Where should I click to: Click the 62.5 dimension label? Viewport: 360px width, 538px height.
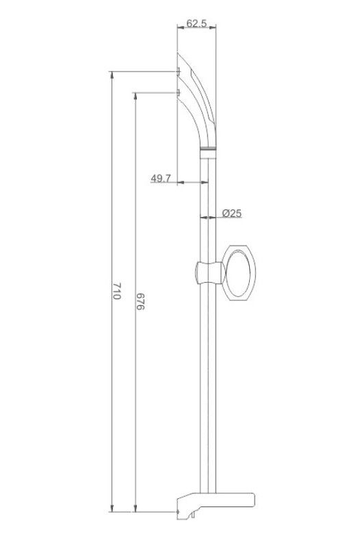tap(196, 23)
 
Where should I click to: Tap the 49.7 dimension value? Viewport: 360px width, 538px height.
tap(161, 179)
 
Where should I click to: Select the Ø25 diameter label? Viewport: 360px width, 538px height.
tap(232, 214)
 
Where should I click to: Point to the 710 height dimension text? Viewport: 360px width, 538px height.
tap(117, 291)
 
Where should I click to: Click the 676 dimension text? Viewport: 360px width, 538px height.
tap(140, 302)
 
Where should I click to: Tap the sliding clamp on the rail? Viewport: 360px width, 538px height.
tap(209, 273)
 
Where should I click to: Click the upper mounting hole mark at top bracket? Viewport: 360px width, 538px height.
tap(178, 71)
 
